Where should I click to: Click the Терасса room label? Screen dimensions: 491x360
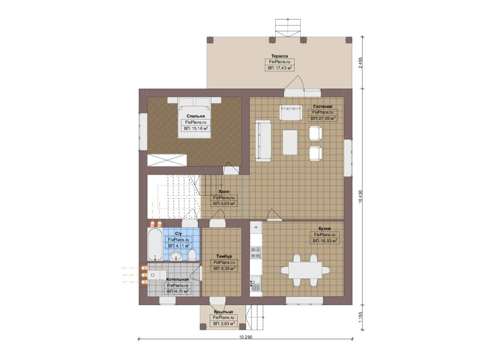(x=279, y=56)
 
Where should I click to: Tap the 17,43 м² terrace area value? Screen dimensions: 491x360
(x=280, y=68)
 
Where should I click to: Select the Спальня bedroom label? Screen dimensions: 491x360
(x=196, y=116)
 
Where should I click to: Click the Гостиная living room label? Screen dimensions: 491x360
(x=323, y=106)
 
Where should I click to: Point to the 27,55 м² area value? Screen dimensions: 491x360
(x=323, y=118)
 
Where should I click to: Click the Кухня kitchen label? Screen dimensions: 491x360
(x=325, y=229)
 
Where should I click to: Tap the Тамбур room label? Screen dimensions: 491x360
(x=224, y=256)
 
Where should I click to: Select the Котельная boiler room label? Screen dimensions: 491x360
(x=177, y=279)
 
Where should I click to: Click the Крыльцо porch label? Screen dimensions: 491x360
(x=224, y=312)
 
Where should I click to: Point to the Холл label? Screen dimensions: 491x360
(x=224, y=192)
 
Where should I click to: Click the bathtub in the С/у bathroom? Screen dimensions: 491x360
(x=155, y=244)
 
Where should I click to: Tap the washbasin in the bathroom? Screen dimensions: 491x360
(x=176, y=256)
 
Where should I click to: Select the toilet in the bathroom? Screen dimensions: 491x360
(x=192, y=255)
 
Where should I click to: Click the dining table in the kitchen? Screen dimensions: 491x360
(x=305, y=270)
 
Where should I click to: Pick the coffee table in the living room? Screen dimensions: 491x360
(x=290, y=142)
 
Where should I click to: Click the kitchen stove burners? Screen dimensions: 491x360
(x=256, y=253)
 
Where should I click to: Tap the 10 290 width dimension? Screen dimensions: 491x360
(x=246, y=337)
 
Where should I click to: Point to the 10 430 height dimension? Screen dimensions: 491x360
(x=360, y=197)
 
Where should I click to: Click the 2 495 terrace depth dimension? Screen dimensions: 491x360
(x=360, y=63)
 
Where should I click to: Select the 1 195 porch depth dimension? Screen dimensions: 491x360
(x=360, y=317)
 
